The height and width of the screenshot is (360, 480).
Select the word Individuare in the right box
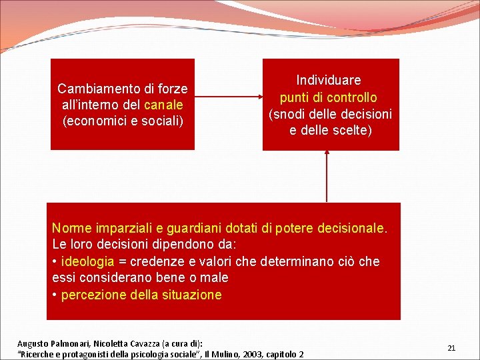(x=329, y=81)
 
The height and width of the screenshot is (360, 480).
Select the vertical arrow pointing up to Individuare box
(x=327, y=176)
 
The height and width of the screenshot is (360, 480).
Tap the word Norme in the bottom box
(x=70, y=229)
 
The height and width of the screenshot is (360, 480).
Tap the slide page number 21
(x=451, y=348)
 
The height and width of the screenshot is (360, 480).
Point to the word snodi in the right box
(x=289, y=114)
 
